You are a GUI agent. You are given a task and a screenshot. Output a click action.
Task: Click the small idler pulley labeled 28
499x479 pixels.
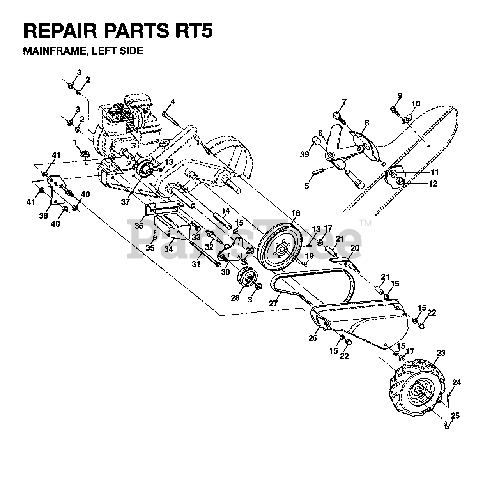247,277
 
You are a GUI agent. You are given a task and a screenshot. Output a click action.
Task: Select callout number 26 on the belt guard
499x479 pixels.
313,338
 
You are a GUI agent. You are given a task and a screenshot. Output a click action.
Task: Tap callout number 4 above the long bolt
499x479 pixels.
172,102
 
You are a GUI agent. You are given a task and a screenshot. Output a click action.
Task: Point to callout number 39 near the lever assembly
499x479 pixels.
304,155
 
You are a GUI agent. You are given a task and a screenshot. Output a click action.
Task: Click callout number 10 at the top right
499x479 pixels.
416,104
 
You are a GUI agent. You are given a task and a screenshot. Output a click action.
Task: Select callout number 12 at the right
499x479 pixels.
433,184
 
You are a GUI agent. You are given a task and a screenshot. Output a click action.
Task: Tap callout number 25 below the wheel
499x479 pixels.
455,416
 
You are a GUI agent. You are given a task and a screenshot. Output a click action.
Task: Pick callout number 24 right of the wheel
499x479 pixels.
457,383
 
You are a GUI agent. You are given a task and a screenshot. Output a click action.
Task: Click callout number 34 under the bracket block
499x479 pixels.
168,249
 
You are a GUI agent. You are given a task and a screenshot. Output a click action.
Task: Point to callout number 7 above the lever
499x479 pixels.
344,102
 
